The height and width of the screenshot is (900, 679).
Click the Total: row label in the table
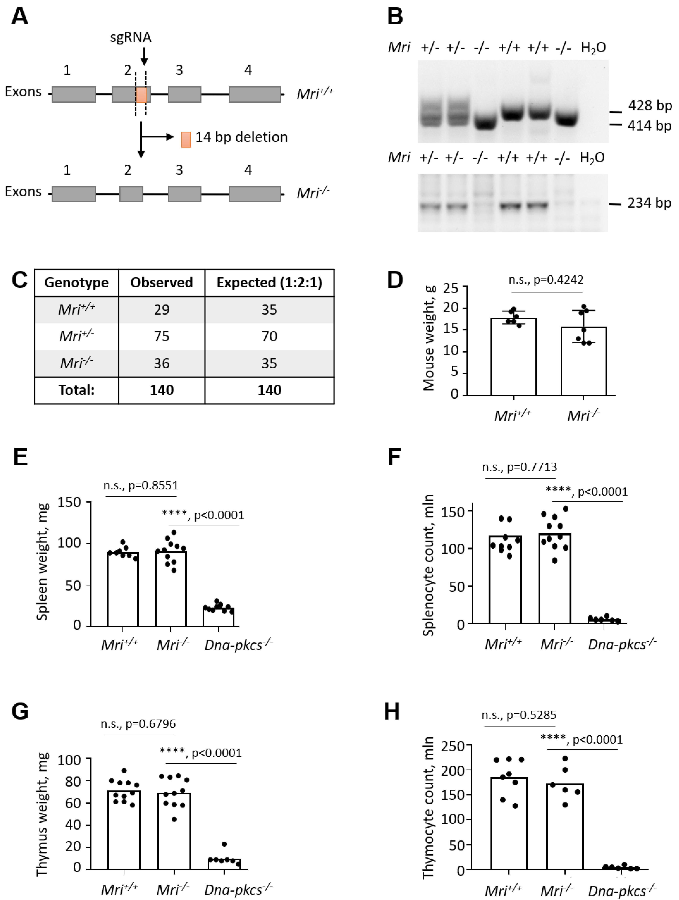(x=76, y=390)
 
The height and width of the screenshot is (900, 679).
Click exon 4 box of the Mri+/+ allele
(x=255, y=94)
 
